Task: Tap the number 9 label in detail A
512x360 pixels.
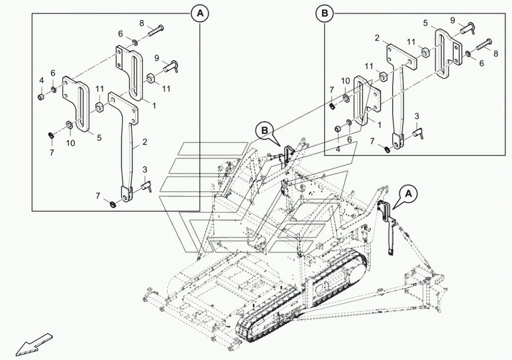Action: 157,58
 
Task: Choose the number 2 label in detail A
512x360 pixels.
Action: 144,142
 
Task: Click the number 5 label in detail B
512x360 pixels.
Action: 425,23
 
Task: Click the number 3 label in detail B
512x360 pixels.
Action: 417,115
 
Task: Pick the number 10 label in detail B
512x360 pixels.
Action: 345,81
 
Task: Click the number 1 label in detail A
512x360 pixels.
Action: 154,105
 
